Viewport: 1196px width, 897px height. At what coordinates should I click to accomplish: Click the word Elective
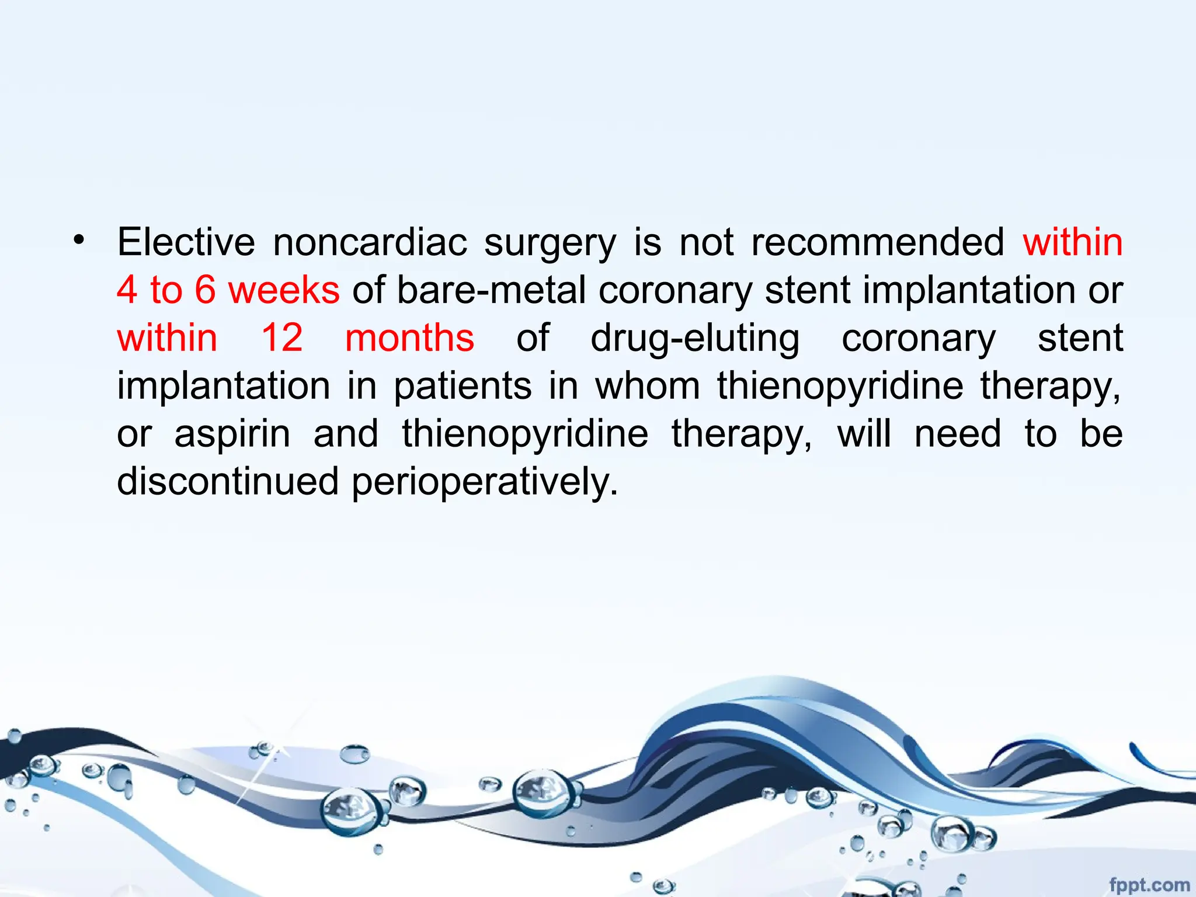coord(186,242)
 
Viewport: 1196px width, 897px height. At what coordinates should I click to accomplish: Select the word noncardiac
coord(370,242)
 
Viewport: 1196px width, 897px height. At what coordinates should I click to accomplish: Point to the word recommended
coord(877,242)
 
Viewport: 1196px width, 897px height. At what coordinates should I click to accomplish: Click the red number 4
coord(127,290)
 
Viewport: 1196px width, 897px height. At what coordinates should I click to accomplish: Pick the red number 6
coord(206,290)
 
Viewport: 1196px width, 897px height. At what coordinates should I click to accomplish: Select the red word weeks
coord(284,290)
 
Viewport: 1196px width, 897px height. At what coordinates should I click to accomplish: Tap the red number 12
coord(281,338)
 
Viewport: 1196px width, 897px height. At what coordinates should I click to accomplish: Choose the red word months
coord(409,338)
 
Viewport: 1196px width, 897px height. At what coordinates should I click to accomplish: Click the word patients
coord(463,387)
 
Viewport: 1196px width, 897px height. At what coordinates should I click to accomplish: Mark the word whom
coord(648,386)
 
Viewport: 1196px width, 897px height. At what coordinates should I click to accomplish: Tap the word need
coord(958,434)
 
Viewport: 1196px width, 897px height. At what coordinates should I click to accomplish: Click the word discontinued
coord(228,482)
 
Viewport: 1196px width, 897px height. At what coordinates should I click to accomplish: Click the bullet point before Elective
coord(79,239)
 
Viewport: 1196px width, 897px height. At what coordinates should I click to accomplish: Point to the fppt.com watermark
coord(1149,885)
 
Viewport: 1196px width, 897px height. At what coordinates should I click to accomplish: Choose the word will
coord(864,434)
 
